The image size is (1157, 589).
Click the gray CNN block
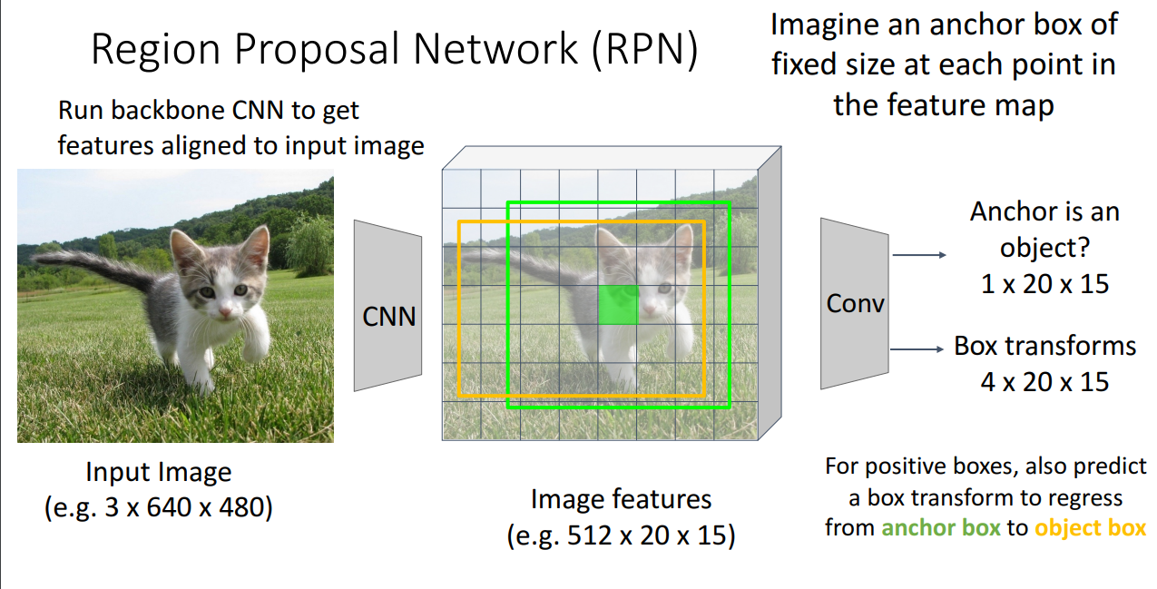point(387,306)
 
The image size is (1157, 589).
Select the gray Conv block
point(854,303)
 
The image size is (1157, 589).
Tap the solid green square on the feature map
point(618,304)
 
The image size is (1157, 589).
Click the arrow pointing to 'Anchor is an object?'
point(918,256)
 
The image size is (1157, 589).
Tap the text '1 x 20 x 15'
point(1044,283)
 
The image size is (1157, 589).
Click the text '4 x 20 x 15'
point(1044,381)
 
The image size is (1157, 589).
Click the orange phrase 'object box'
point(1090,528)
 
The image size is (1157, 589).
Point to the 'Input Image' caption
point(159,473)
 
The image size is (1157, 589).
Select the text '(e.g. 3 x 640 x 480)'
point(159,506)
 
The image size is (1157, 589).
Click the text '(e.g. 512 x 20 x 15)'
point(621,535)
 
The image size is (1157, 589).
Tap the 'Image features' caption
point(621,499)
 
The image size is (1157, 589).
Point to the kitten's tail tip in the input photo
point(36,260)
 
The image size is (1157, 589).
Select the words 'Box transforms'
point(1044,347)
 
